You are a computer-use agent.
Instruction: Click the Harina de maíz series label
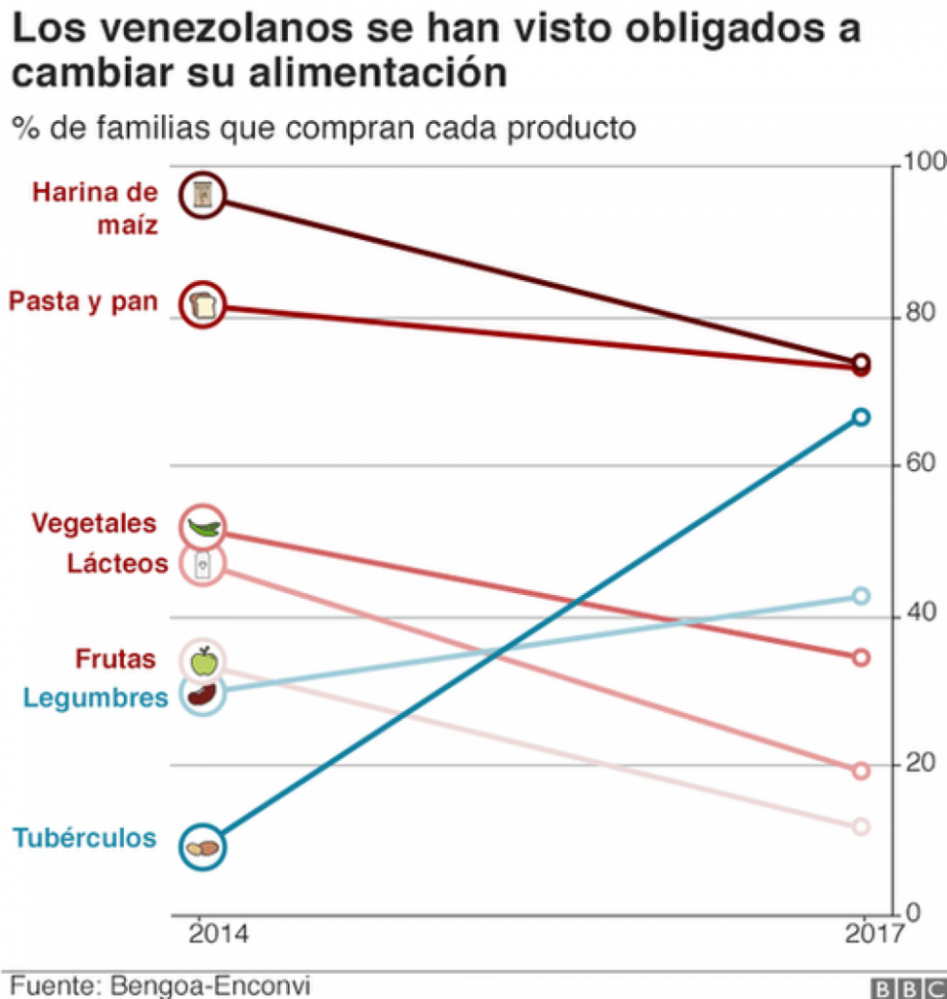click(x=95, y=207)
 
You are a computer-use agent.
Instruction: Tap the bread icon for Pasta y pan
click(x=203, y=304)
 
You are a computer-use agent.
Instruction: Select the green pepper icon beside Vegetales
click(x=203, y=528)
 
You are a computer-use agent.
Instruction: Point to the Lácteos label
click(x=117, y=563)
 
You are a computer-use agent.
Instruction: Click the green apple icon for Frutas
click(x=202, y=660)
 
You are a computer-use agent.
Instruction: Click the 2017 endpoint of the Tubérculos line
click(x=861, y=418)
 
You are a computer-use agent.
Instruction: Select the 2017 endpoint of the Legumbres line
click(x=861, y=595)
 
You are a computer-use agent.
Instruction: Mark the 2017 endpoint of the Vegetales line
click(x=861, y=658)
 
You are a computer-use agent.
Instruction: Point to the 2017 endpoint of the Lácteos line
click(x=861, y=771)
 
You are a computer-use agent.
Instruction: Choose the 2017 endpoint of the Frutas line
click(x=861, y=826)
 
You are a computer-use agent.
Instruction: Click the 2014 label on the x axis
click(x=219, y=934)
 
